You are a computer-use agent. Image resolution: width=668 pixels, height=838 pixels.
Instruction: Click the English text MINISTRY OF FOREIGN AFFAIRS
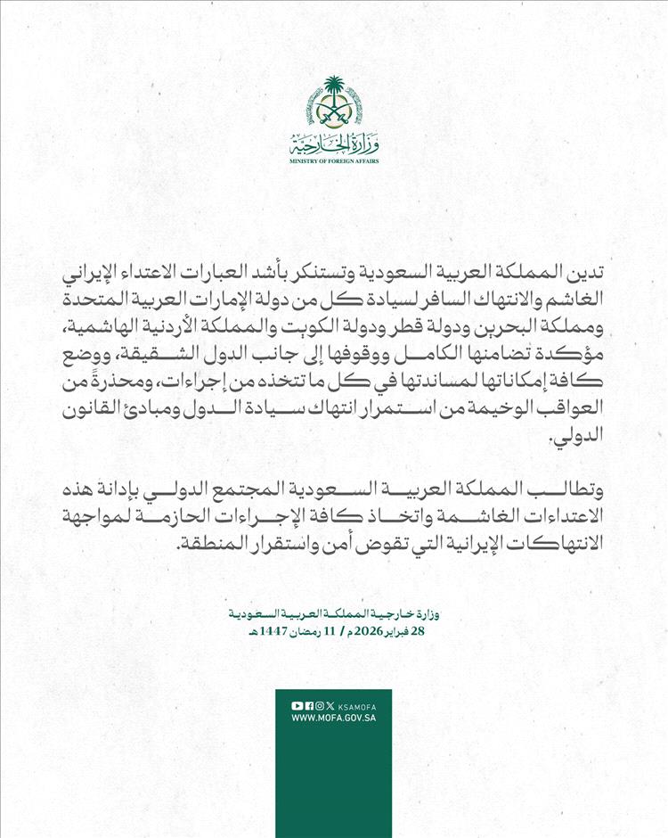coord(334,162)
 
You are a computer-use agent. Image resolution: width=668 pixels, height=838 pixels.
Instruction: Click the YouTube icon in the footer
coord(297,705)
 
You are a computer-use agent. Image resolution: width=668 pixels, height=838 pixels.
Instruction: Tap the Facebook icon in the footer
coord(307,705)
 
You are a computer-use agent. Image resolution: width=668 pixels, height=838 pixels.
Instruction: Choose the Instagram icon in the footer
coord(319,705)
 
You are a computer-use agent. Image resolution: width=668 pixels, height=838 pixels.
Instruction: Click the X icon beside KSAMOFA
coord(330,705)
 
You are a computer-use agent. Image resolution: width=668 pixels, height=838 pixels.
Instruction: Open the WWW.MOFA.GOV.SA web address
coord(333,718)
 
